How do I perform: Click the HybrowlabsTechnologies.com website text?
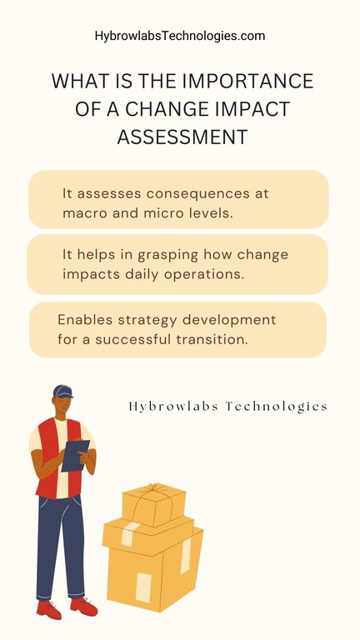tap(180, 36)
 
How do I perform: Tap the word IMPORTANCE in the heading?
tap(247, 81)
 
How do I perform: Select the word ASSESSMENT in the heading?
tap(182, 137)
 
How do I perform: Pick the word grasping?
tap(167, 256)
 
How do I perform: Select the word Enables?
tap(85, 319)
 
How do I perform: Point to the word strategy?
tap(147, 320)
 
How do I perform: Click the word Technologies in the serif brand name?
tap(276, 407)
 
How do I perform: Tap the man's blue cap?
tap(62, 391)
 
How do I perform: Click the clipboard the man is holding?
tap(75, 455)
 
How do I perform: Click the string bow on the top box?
tap(152, 488)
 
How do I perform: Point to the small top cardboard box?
tap(153, 505)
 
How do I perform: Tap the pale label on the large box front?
tap(143, 587)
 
